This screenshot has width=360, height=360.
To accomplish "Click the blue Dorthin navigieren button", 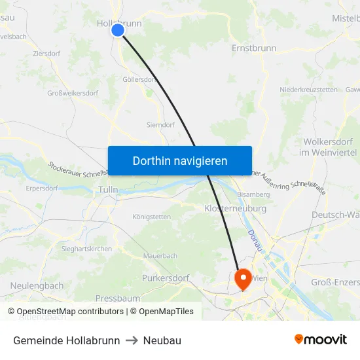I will point(180,160).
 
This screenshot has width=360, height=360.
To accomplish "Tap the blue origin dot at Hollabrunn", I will point(118,30).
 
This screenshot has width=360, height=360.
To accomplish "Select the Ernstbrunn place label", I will point(254,48).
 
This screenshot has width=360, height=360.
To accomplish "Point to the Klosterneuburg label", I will point(236,208).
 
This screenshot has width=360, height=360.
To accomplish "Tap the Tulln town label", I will point(107,190).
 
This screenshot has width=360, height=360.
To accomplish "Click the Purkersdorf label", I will point(166,278).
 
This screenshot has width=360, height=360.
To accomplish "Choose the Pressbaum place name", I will point(118,298).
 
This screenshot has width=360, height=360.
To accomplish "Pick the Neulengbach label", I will point(37,285).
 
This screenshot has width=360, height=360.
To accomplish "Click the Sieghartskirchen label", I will point(86,249).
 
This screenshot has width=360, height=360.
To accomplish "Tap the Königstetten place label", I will point(151,217).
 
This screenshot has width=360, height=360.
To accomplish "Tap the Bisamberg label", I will point(253,194).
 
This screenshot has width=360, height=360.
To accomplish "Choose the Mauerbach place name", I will point(160,255).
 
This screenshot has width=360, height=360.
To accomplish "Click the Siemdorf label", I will point(160,124).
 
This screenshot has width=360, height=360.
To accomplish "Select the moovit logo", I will point(321,340).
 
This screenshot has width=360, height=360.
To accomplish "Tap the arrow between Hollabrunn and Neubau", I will point(132,340).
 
